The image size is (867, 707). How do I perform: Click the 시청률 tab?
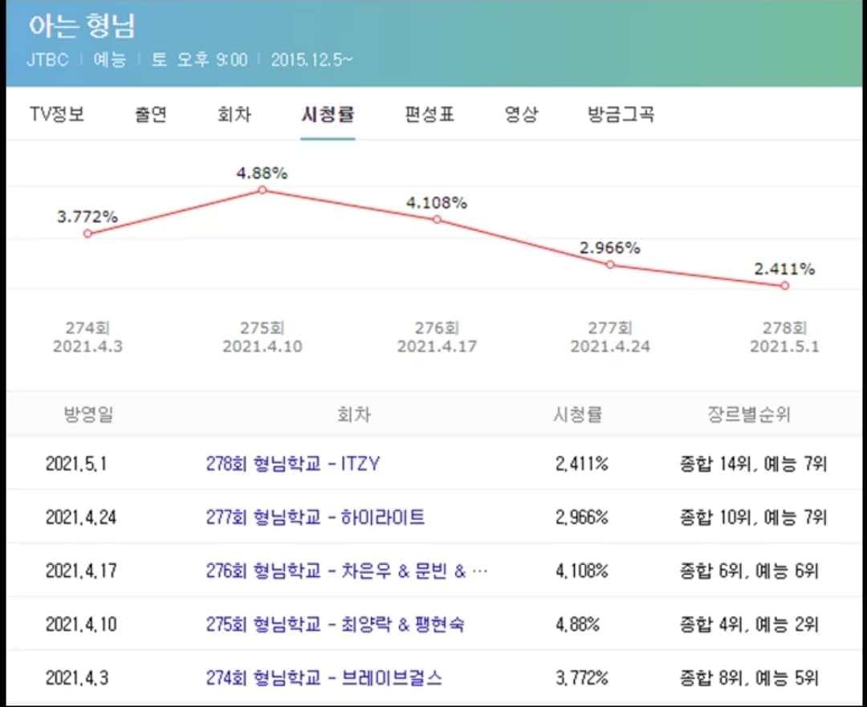point(328,115)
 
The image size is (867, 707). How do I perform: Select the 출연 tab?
point(150,115)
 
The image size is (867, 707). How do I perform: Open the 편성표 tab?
point(429,115)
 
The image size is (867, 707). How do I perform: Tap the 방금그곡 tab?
point(621,115)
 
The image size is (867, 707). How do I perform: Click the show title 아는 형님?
point(82,26)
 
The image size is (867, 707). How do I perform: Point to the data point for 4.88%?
point(263,190)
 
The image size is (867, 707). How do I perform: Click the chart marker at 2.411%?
point(784,286)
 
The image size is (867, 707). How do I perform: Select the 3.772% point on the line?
point(88,234)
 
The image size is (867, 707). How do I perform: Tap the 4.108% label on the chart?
point(437,203)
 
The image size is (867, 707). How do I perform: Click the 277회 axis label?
point(610,327)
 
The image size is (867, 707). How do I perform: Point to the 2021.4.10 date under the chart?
point(263,347)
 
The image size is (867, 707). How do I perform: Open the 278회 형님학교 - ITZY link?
point(292,463)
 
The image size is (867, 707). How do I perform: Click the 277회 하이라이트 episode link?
point(315,518)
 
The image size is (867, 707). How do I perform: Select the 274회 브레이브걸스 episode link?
point(324,677)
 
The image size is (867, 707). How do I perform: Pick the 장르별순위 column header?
point(749,414)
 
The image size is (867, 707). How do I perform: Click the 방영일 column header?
point(88,414)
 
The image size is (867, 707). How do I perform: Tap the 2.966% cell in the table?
point(582,518)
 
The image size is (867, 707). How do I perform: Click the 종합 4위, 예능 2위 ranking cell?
point(749,624)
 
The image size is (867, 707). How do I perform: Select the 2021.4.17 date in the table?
point(81,571)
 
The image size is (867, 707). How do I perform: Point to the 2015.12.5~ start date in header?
point(311,59)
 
